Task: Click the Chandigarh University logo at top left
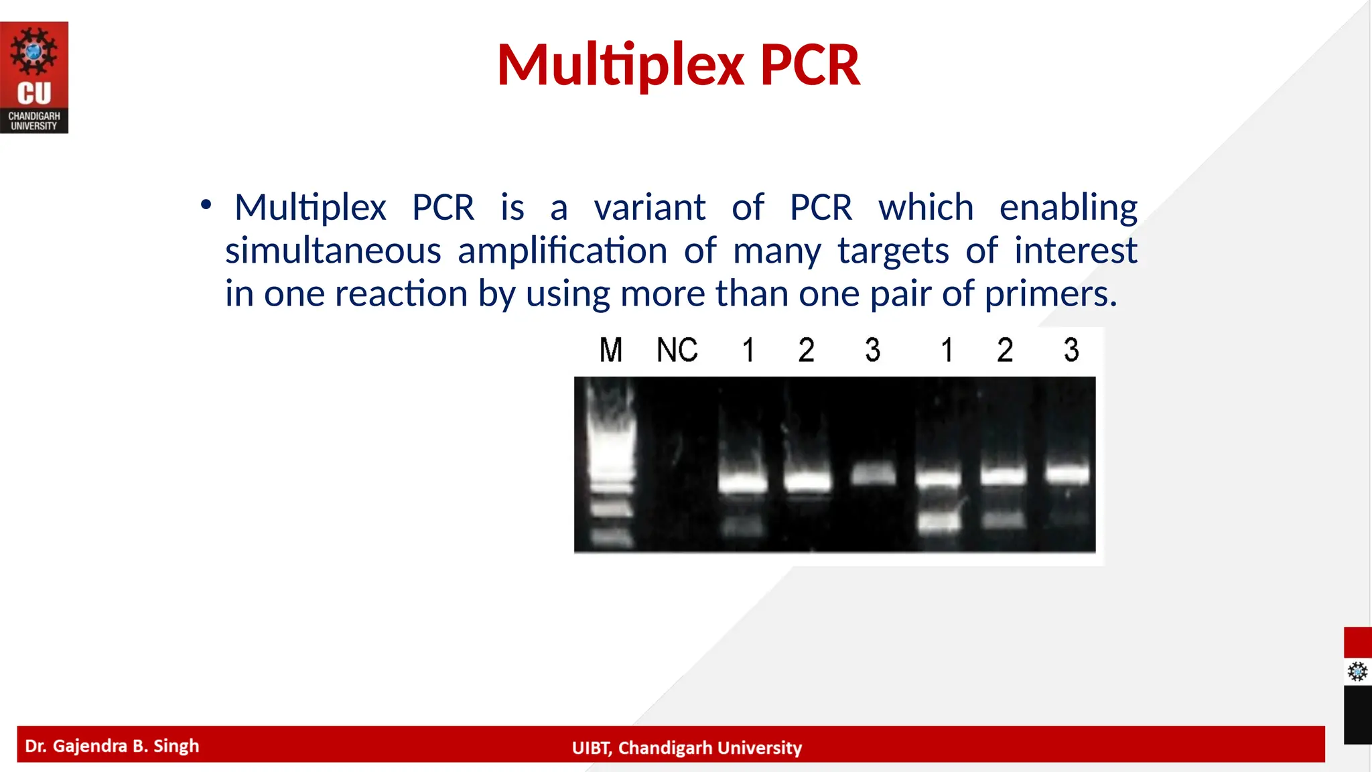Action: click(34, 77)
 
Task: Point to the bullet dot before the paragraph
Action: click(206, 204)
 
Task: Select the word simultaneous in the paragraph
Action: click(333, 251)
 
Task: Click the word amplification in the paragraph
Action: click(562, 251)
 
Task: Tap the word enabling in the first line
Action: click(1068, 208)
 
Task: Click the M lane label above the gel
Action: click(610, 350)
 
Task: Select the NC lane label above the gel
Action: click(677, 350)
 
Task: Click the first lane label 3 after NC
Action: click(872, 350)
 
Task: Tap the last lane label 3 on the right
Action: click(1071, 350)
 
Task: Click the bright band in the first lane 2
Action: click(808, 480)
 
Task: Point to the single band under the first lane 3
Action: click(873, 474)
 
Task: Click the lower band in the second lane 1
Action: click(939, 520)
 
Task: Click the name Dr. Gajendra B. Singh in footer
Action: click(112, 746)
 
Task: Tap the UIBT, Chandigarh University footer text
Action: click(686, 747)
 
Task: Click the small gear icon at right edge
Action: click(1357, 671)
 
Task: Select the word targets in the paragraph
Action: click(892, 251)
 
